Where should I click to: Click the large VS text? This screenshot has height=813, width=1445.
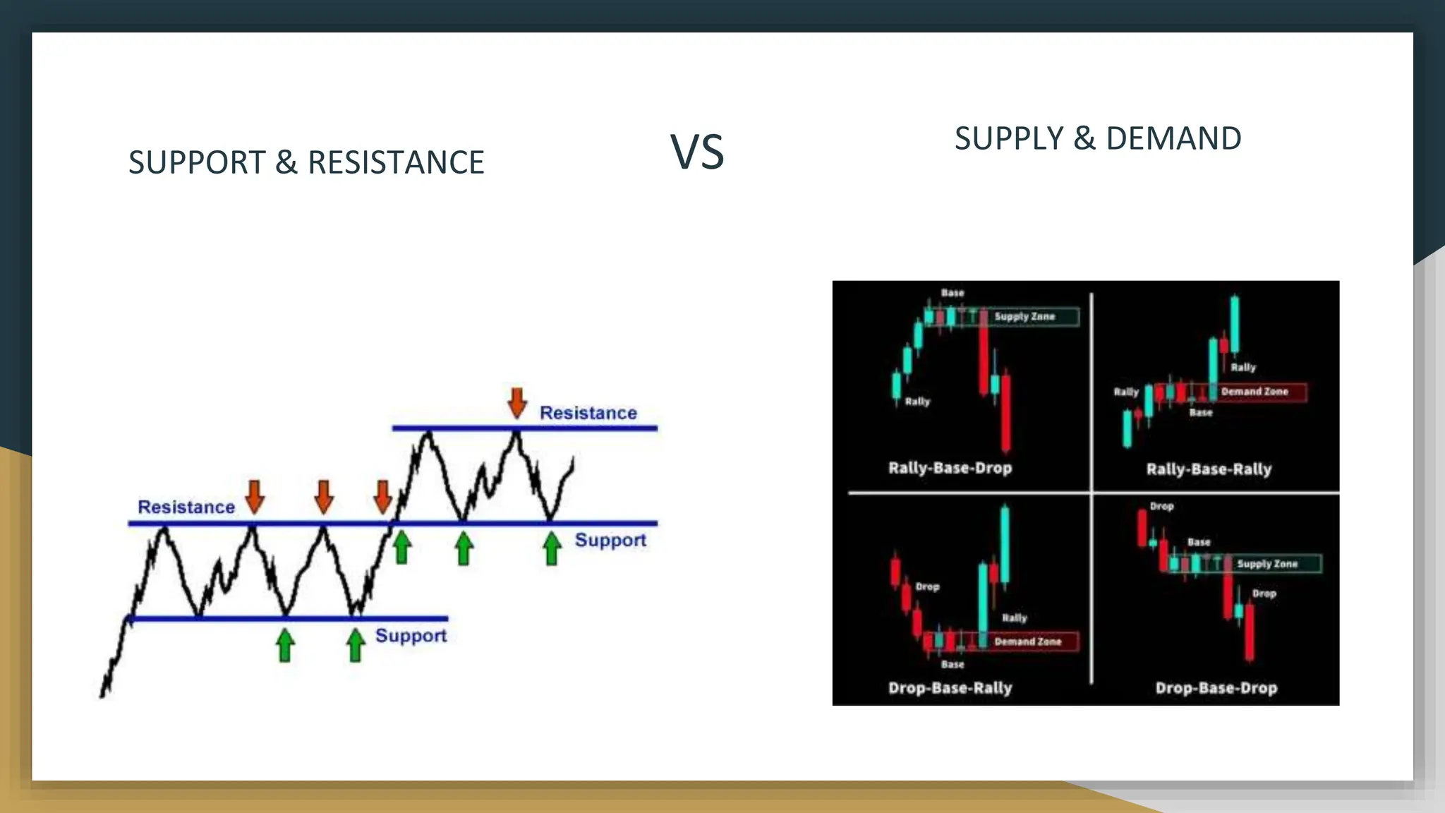tap(697, 152)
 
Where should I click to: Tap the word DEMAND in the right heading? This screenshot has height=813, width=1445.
tap(1173, 138)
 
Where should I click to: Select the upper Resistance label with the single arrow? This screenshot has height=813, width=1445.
tap(588, 413)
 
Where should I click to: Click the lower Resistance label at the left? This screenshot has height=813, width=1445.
tap(186, 507)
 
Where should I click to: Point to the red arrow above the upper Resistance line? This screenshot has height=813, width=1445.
tap(517, 403)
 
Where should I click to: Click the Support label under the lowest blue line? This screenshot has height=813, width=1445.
tap(411, 635)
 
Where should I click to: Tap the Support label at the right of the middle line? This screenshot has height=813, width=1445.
tap(610, 540)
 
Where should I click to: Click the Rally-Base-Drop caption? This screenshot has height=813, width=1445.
tap(950, 468)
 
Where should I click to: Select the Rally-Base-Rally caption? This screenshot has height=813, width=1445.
tap(1209, 469)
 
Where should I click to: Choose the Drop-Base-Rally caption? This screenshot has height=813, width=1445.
tap(950, 687)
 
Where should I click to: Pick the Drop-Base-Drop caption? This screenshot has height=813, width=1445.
tap(1216, 687)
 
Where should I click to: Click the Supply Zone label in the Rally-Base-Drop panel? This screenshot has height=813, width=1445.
tap(1024, 317)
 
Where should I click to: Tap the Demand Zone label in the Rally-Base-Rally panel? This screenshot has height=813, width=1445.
tap(1254, 391)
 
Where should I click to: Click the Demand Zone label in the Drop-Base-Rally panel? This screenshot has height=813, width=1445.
tap(1027, 642)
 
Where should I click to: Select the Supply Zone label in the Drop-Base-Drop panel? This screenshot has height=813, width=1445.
tap(1267, 564)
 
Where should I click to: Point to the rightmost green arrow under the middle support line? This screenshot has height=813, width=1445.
tap(552, 549)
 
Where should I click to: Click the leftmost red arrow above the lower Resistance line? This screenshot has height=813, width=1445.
tap(255, 497)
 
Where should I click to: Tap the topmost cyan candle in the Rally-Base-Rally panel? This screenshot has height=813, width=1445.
tap(1235, 323)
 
